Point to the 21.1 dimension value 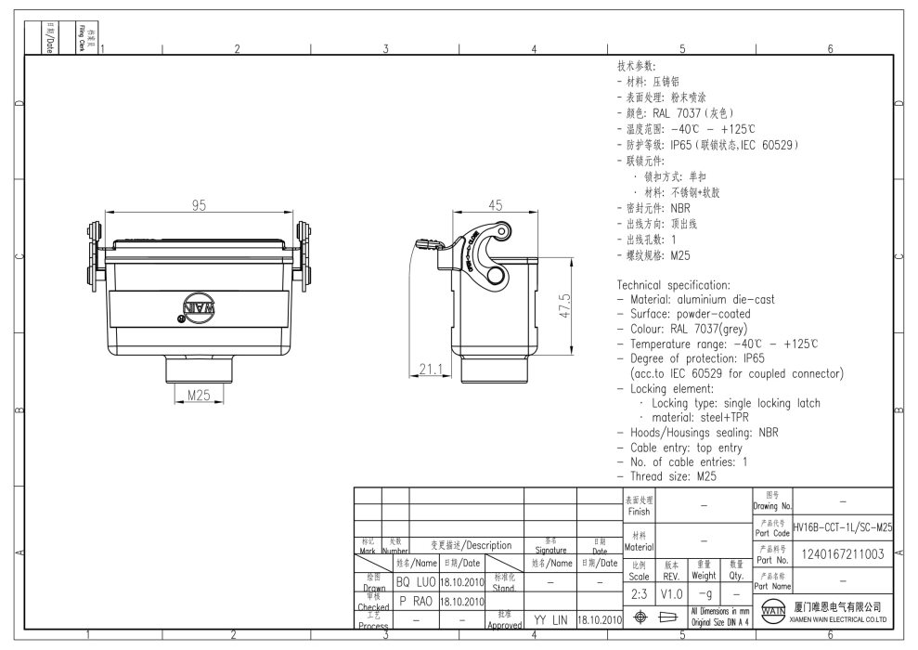pos(430,370)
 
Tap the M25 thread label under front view pos(198,394)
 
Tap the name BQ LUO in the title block pos(415,582)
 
